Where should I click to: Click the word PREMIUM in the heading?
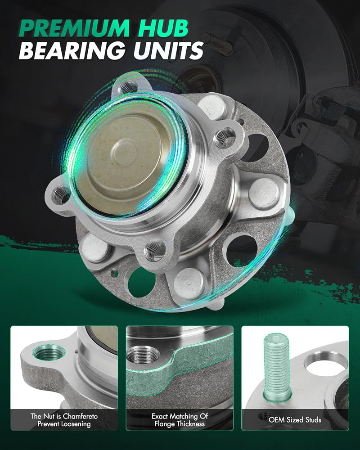[x=75, y=28]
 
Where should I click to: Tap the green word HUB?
[x=163, y=28]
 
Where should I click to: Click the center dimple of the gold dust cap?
[x=124, y=149]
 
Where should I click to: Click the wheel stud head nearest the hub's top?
[x=211, y=107]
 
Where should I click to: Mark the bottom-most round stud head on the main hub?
[x=189, y=283]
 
